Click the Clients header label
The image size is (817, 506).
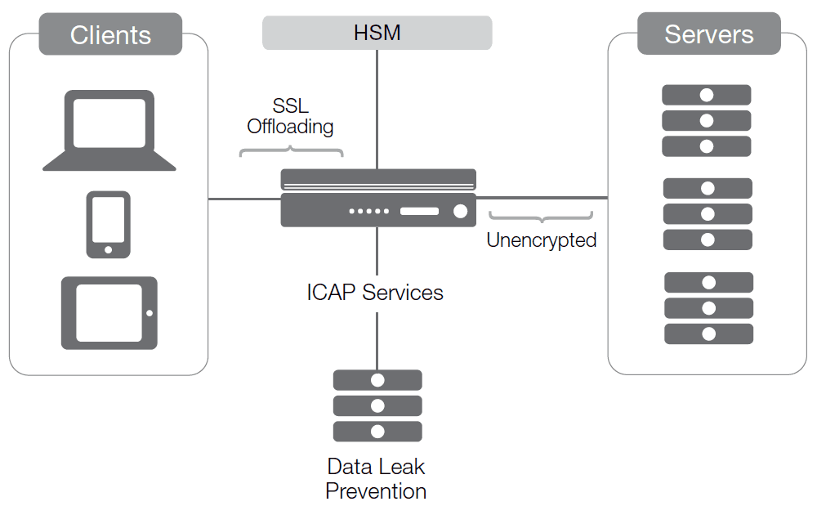click(110, 35)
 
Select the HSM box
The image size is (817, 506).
click(377, 33)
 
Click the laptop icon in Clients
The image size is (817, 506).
click(109, 130)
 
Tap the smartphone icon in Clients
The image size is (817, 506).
click(109, 224)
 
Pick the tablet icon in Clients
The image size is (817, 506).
click(109, 313)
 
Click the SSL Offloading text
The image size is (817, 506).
click(290, 117)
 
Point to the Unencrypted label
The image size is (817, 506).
click(541, 240)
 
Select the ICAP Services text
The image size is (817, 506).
click(375, 292)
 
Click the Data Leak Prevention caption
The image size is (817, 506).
click(376, 479)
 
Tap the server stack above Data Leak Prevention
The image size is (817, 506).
click(377, 405)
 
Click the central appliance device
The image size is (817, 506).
click(378, 198)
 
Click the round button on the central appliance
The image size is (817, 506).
click(460, 212)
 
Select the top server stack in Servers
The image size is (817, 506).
click(707, 121)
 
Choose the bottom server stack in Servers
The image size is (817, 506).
click(708, 308)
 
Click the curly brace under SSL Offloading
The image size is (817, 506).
click(291, 151)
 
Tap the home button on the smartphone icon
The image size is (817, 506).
click(109, 248)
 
